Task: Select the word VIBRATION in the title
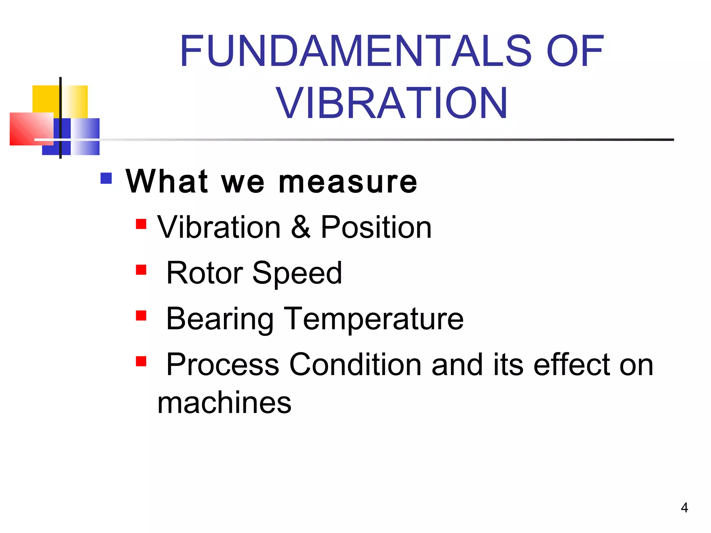(392, 103)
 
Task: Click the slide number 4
(684, 508)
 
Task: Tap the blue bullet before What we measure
(106, 178)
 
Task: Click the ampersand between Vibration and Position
(301, 227)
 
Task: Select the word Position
(376, 227)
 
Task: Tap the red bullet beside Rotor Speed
(141, 270)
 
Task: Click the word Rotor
(204, 273)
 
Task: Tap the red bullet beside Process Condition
(141, 362)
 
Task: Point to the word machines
(224, 403)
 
